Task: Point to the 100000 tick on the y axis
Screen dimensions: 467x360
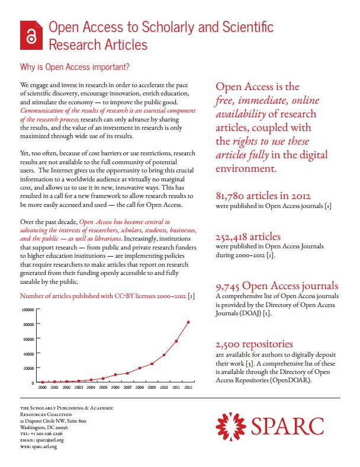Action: pyautogui.click(x=28, y=310)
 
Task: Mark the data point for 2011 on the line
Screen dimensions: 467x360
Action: pyautogui.click(x=176, y=341)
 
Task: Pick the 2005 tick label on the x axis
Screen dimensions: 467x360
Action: pyautogui.click(x=103, y=387)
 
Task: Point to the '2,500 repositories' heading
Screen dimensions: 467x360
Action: pyautogui.click(x=255, y=343)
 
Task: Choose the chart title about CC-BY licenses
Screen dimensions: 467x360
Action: pyautogui.click(x=107, y=295)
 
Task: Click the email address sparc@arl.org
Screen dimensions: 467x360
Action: pyautogui.click(x=49, y=440)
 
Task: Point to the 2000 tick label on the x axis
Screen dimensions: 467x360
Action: pyautogui.click(x=42, y=387)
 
